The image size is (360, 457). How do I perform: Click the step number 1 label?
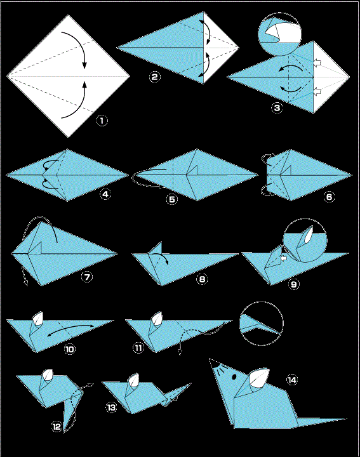tap(100, 119)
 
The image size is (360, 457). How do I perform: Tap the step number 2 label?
tap(154, 77)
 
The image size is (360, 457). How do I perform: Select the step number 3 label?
tap(277, 108)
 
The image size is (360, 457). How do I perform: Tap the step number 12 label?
tap(57, 427)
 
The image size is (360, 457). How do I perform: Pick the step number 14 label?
tap(291, 380)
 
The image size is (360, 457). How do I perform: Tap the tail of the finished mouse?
tap(317, 420)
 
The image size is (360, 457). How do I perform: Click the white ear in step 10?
tap(37, 318)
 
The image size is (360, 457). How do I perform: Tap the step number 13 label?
tap(112, 408)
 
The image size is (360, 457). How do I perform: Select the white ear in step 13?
tap(133, 382)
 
